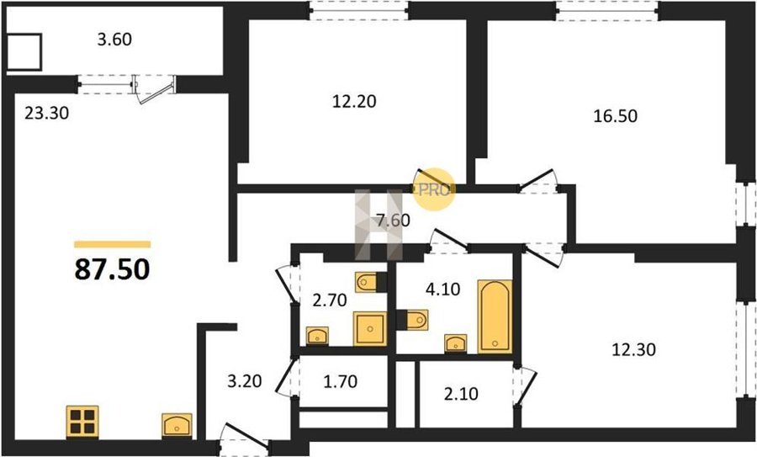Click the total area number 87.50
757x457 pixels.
pos(112,269)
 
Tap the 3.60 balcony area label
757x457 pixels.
pos(114,39)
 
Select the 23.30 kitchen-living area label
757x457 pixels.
pos(47,113)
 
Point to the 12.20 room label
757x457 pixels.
pos(354,102)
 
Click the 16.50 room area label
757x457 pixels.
pos(615,116)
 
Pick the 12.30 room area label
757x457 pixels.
pos(634,349)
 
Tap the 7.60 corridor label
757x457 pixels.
pos(393,221)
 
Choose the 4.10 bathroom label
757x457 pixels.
pos(442,290)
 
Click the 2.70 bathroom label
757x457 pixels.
pos(330,300)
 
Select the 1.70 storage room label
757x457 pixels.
pos(341,381)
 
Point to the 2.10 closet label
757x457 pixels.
pos(461,394)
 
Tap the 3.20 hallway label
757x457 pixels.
pos(245,381)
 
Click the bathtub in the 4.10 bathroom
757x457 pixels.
pos(495,316)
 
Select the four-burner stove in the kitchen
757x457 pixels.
pos(82,422)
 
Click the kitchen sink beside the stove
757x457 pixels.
pos(177,426)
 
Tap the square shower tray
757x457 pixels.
pos(370,328)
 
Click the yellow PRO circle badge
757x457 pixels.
pos(433,189)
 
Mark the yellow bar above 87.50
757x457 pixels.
pos(113,244)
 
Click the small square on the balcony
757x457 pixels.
pos(25,51)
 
